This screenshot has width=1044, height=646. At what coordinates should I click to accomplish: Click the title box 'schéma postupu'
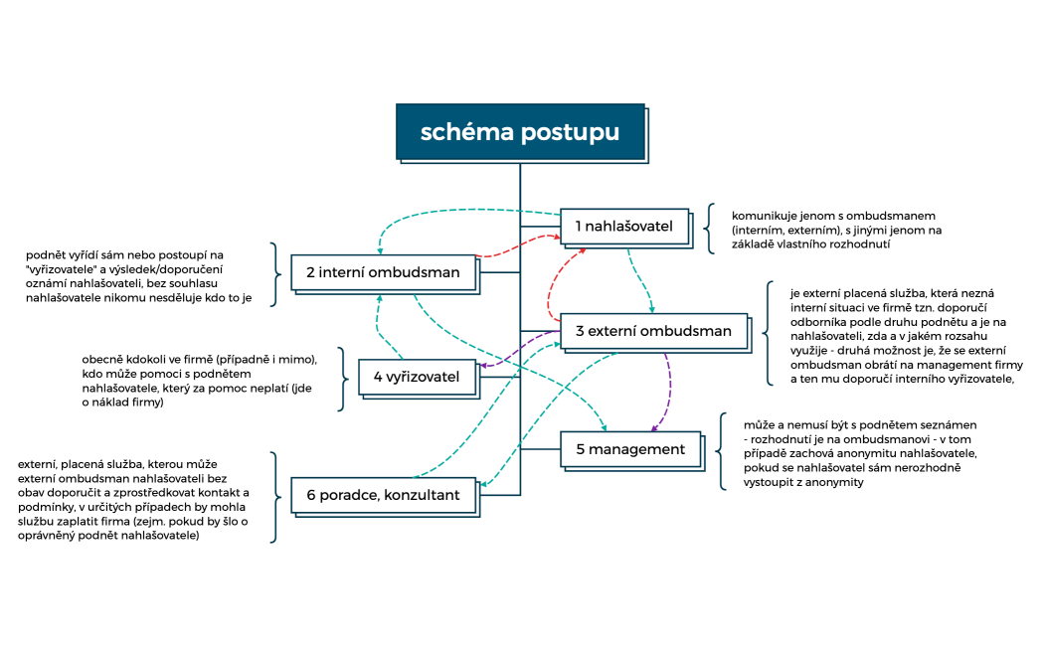click(520, 132)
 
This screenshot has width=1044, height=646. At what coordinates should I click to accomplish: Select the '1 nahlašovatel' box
click(623, 227)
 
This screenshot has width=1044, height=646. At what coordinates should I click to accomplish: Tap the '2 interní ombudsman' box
click(382, 272)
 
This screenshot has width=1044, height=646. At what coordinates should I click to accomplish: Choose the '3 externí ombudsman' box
click(653, 331)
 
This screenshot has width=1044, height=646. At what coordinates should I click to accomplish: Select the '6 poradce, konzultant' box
click(383, 495)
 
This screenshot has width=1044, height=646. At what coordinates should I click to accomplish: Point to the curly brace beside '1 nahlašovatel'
click(710, 229)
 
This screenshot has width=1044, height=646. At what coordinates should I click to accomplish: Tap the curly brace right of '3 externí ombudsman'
click(769, 333)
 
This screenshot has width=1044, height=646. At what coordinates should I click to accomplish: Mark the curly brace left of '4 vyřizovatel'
click(340, 378)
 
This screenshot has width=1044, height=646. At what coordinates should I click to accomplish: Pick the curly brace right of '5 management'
click(722, 451)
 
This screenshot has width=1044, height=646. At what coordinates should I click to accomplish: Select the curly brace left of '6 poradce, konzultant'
click(272, 497)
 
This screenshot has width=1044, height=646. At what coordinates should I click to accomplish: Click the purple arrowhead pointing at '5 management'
click(655, 428)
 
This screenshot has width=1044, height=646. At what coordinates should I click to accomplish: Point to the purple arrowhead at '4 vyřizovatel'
click(482, 367)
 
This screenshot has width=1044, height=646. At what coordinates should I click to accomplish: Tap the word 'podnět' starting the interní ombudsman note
click(46, 255)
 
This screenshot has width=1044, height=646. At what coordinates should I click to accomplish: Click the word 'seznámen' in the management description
click(948, 424)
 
